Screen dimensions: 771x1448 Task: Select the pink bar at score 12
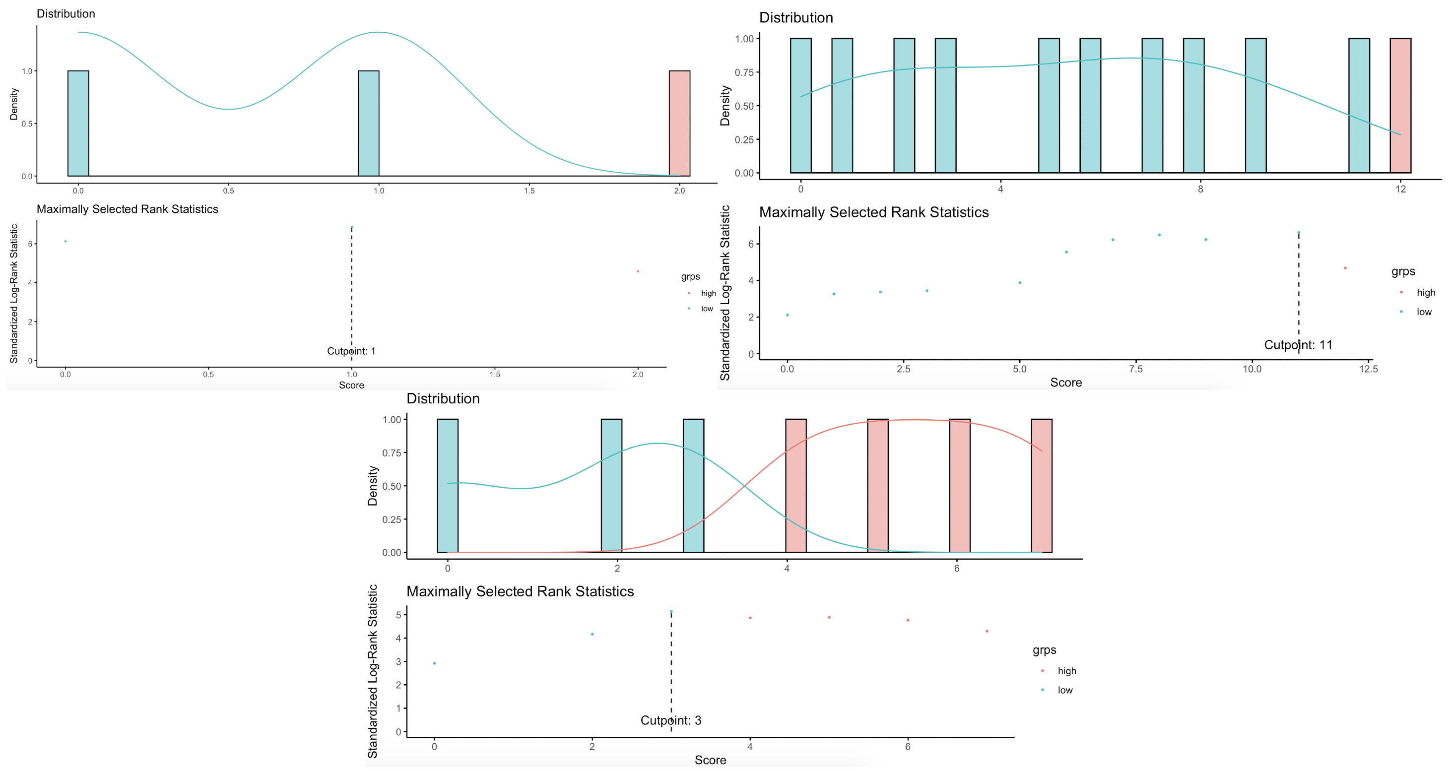pyautogui.click(x=1400, y=105)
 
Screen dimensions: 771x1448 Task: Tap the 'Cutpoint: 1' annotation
pyautogui.click(x=351, y=351)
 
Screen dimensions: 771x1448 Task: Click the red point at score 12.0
pyautogui.click(x=1345, y=268)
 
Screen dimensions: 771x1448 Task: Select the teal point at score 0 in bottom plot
pyautogui.click(x=434, y=663)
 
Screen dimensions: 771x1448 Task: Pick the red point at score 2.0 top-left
pyautogui.click(x=638, y=271)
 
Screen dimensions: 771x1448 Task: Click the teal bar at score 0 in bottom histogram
pyautogui.click(x=448, y=486)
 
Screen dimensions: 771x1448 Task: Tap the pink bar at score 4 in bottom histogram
pyautogui.click(x=795, y=486)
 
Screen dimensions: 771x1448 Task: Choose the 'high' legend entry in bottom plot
pyautogui.click(x=1066, y=671)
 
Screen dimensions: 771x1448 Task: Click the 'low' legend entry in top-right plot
pyautogui.click(x=1423, y=312)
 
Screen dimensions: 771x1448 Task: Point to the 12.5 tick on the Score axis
pyautogui.click(x=1368, y=369)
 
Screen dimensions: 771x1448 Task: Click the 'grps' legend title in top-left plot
pyautogui.click(x=690, y=276)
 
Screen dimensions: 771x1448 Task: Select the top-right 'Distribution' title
pyautogui.click(x=795, y=18)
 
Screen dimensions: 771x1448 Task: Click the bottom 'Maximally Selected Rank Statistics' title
pyautogui.click(x=520, y=592)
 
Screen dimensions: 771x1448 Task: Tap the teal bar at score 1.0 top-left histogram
pyautogui.click(x=368, y=123)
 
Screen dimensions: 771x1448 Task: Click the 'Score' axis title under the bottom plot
pyautogui.click(x=710, y=760)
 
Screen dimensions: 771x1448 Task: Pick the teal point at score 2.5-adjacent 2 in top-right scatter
pyautogui.click(x=880, y=292)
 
